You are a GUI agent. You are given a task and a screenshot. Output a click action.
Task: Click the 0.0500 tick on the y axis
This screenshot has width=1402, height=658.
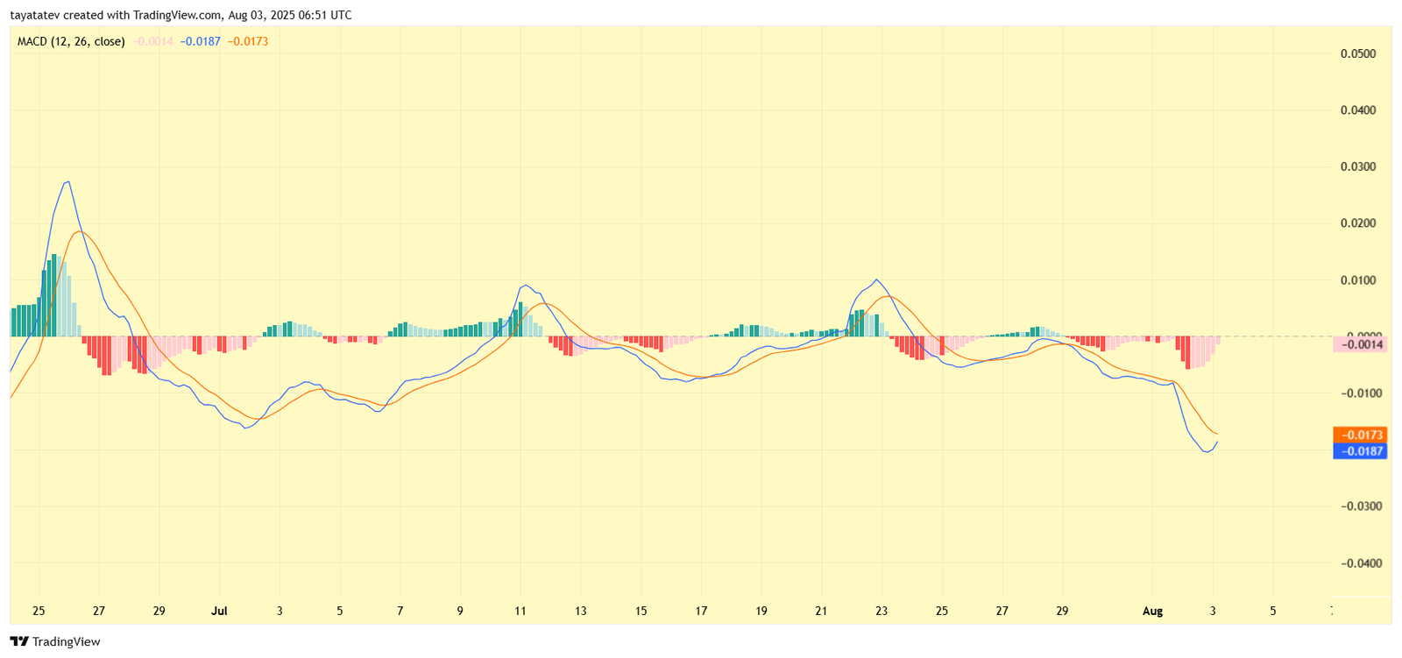(x=1357, y=53)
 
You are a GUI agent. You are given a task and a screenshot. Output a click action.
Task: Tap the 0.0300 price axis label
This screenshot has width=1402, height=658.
(x=1357, y=166)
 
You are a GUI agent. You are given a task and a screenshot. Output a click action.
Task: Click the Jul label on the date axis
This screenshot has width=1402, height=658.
(x=219, y=611)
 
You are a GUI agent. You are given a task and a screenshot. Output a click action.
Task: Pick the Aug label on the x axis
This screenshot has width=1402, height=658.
(x=1152, y=611)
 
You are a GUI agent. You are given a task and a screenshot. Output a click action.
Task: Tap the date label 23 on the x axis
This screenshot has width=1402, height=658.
(x=882, y=611)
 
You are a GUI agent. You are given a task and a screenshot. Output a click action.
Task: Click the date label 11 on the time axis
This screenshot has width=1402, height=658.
(x=520, y=611)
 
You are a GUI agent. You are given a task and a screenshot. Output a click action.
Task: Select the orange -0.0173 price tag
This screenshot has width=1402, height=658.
(x=1359, y=435)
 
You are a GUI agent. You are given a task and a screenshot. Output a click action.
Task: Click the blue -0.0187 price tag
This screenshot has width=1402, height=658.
(x=1359, y=451)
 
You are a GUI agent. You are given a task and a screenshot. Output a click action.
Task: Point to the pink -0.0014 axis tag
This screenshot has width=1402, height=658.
(x=1359, y=344)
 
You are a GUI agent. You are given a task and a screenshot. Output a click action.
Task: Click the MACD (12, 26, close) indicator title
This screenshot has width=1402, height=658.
(x=71, y=41)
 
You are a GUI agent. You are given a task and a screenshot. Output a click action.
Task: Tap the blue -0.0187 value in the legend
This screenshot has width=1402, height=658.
(x=201, y=41)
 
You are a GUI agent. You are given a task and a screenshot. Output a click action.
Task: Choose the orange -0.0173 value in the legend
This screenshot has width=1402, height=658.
(x=248, y=41)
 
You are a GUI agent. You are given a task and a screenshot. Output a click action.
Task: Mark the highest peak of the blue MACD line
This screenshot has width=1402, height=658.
(x=67, y=182)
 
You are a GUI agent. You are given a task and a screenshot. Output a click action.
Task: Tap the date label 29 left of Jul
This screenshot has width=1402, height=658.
(x=159, y=611)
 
